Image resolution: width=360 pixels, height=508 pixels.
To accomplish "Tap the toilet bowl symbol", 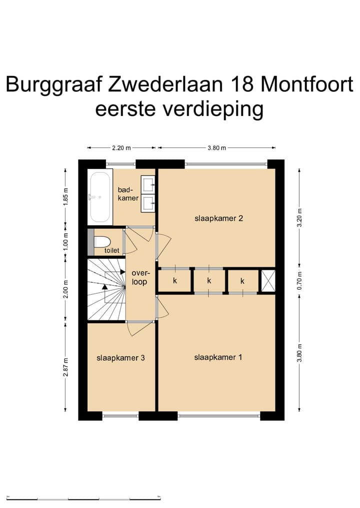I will click(102, 241).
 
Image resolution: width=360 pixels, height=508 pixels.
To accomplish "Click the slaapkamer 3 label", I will click(120, 358).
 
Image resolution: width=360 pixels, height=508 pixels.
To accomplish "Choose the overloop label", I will click(139, 278).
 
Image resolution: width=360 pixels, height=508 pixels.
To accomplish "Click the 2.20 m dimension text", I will click(121, 148).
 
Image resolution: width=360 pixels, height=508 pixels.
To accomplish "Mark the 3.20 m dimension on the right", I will click(300, 218).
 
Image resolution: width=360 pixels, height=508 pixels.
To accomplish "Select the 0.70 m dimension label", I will click(300, 282).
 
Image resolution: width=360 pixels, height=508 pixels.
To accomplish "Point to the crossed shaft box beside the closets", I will click(268, 280).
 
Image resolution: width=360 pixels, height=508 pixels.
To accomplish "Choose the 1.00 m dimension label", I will click(65, 242).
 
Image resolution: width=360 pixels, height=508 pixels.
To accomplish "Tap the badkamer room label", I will click(128, 194).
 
